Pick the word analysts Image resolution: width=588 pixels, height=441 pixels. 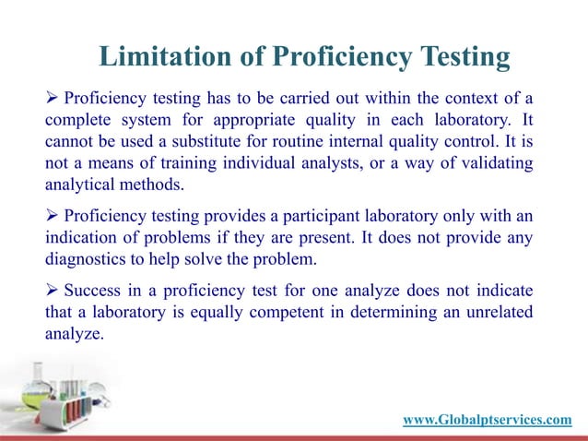(323, 164)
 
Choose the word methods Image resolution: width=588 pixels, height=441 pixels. (148, 186)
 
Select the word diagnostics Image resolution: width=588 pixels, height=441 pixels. (88, 260)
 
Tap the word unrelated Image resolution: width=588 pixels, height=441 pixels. (497, 312)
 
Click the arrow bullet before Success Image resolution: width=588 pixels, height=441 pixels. (52, 290)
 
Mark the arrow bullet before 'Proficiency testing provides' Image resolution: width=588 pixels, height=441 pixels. (52, 216)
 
